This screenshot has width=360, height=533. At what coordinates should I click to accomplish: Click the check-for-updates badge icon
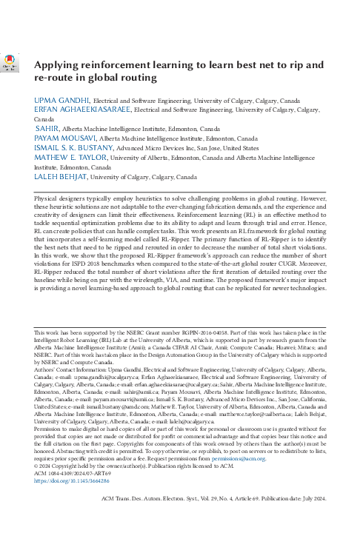[x=11, y=64]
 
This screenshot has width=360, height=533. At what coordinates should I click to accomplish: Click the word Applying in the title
[x=61, y=64]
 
